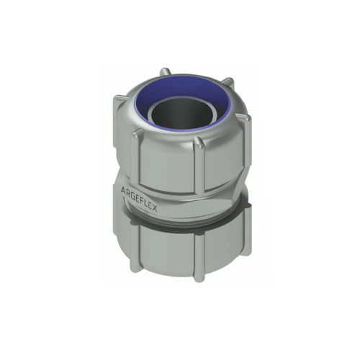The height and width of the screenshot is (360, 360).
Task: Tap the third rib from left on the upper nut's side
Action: pos(202,160)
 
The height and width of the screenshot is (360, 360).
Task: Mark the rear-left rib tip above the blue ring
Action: pos(166,71)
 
